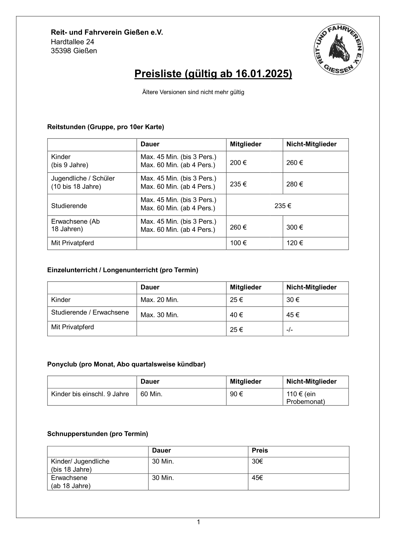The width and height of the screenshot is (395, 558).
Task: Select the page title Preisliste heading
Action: click(x=213, y=74)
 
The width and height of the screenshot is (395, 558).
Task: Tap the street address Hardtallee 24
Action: click(x=72, y=42)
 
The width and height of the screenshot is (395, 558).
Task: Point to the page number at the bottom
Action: click(x=198, y=522)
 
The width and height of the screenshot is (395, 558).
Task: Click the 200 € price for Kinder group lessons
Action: click(x=238, y=162)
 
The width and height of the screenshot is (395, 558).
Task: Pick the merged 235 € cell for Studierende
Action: click(x=283, y=206)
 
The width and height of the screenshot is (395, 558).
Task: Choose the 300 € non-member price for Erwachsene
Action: click(x=294, y=227)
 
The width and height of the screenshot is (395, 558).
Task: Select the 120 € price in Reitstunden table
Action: click(x=294, y=243)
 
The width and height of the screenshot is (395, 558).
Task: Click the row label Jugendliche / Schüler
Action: click(x=83, y=178)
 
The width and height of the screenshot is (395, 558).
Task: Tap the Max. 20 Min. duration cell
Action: click(x=159, y=300)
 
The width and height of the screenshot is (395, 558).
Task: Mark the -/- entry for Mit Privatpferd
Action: click(x=289, y=330)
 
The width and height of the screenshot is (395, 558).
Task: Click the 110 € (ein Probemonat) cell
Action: click(x=305, y=398)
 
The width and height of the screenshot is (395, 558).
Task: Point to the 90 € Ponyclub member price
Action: click(x=236, y=394)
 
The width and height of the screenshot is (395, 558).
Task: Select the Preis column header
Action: click(x=260, y=450)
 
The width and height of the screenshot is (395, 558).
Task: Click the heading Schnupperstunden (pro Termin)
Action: click(x=98, y=434)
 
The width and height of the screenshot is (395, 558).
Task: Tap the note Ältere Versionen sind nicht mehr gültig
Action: click(x=193, y=92)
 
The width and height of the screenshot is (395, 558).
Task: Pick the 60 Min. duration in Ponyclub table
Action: click(x=151, y=394)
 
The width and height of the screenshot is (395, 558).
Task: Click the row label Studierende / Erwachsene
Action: click(x=90, y=312)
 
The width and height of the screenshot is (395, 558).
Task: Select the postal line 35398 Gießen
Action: click(x=74, y=51)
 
